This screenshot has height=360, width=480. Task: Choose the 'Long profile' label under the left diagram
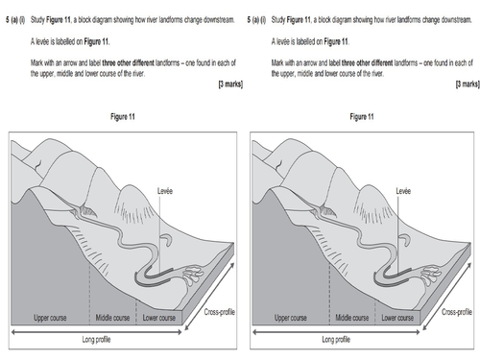coord(107,339)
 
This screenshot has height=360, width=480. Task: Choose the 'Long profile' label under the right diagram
coord(347,339)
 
